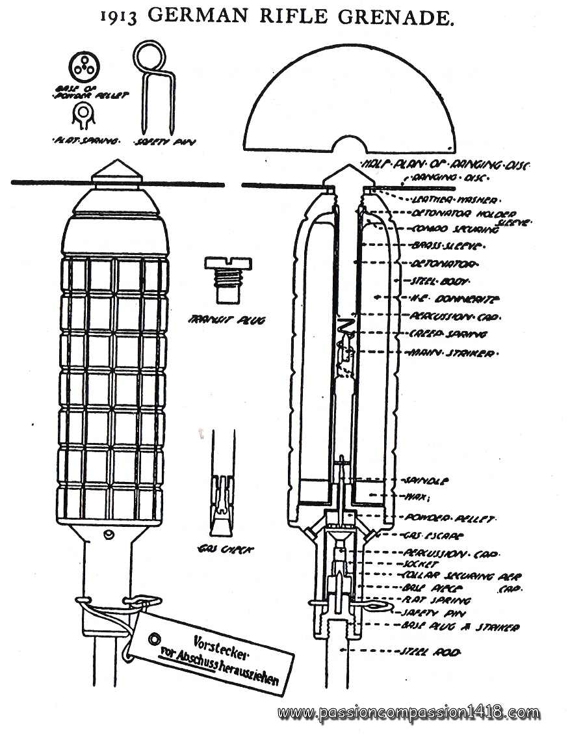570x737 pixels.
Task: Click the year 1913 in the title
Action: tap(119, 18)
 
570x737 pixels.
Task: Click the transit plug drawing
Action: tap(227, 278)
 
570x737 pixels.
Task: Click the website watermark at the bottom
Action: tap(409, 713)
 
